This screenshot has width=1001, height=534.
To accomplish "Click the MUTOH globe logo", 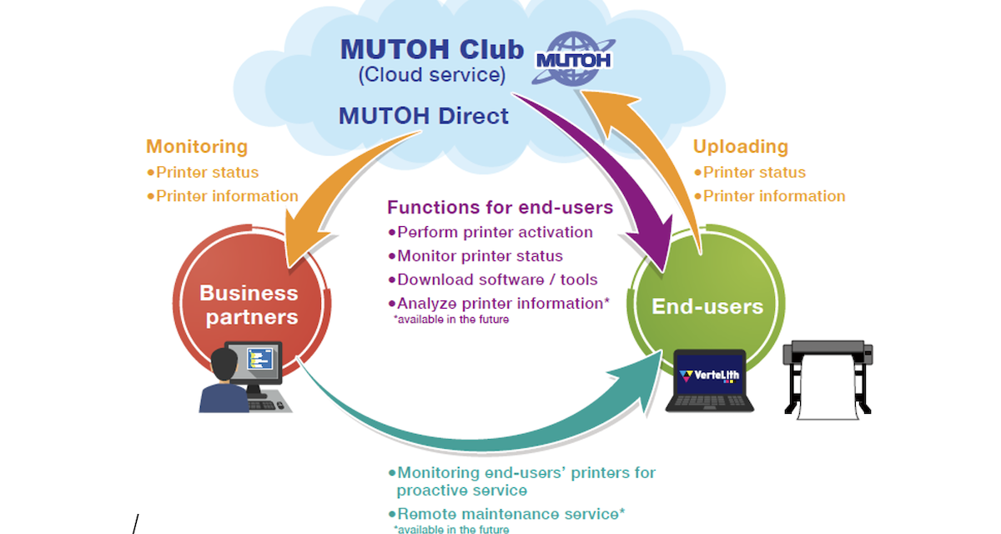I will point(573,59).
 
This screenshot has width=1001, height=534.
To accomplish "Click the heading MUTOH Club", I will point(431,50).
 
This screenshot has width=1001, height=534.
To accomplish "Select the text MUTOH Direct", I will point(423,115).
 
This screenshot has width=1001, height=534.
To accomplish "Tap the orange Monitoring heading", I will point(197,147).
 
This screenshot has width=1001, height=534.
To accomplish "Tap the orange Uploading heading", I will point(741,147).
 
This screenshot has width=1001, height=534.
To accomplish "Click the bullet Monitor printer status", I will point(479,256).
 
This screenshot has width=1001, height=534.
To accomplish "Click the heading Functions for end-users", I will point(500,207).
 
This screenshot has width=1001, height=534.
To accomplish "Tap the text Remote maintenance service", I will point(510,514).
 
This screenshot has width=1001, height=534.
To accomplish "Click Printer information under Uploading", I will point(773,196).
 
